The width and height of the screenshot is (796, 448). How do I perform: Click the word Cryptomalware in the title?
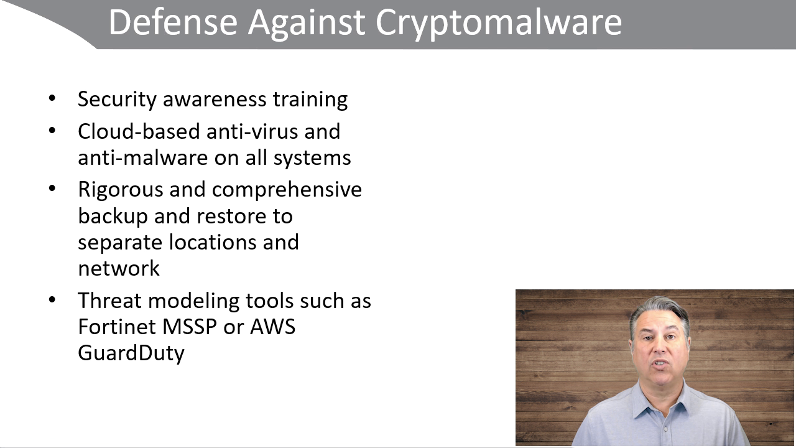tap(499, 23)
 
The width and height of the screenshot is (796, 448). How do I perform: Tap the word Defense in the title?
tap(173, 22)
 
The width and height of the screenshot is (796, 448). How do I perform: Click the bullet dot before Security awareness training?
tap(52, 98)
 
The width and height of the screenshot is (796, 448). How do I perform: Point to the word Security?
tap(117, 100)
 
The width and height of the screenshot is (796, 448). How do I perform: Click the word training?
tap(310, 100)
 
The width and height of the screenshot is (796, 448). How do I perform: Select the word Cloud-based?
tap(139, 131)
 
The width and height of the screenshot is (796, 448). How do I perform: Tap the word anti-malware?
tap(143, 157)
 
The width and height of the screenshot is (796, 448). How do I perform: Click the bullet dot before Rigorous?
tap(52, 189)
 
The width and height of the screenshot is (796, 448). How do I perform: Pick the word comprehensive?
tap(287, 190)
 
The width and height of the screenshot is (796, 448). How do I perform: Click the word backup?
tap(113, 217)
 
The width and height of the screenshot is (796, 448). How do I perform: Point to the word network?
tap(119, 268)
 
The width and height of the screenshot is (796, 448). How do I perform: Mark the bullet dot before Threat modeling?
tap(52, 300)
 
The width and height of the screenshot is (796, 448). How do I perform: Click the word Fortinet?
tap(117, 327)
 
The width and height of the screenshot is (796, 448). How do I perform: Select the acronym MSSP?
tap(190, 327)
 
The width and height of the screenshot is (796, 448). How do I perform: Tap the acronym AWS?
tap(272, 327)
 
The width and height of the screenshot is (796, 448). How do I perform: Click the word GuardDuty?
tap(131, 353)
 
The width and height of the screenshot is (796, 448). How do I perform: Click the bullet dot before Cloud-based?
tap(52, 131)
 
